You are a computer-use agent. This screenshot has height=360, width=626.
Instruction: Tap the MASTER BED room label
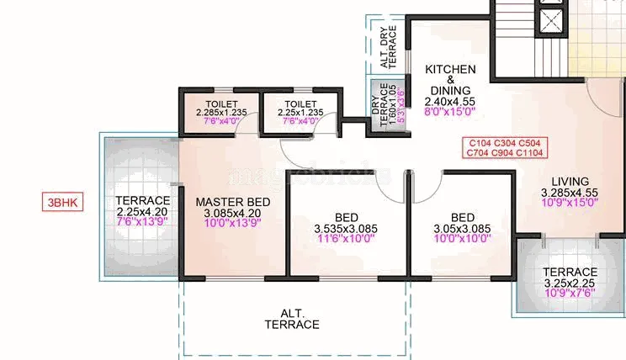pyautogui.click(x=233, y=202)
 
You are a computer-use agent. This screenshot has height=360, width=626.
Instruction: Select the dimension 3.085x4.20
pyautogui.click(x=233, y=214)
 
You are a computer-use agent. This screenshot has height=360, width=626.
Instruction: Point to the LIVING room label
pyautogui.click(x=570, y=181)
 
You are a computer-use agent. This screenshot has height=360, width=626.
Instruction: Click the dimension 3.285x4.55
pyautogui.click(x=570, y=192)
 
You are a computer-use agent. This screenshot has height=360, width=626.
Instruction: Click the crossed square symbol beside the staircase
pyautogui.click(x=552, y=23)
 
